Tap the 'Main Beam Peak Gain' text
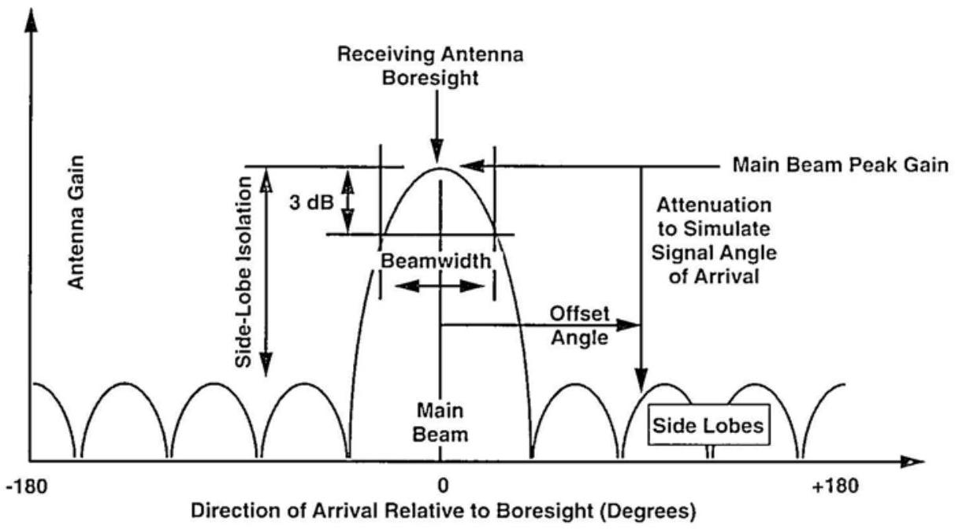click(x=839, y=166)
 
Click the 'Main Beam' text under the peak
click(x=439, y=420)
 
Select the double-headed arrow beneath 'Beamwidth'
click(x=439, y=287)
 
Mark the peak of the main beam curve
click(x=439, y=168)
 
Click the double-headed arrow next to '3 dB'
click(x=347, y=200)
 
